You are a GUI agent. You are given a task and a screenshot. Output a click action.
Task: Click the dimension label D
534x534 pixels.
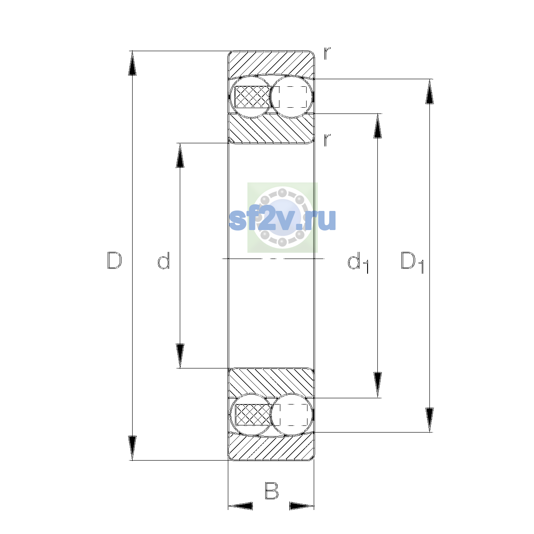(x=114, y=260)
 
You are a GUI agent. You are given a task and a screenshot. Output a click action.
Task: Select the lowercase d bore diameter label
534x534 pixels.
(x=163, y=260)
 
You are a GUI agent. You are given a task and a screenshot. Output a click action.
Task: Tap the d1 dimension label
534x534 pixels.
(x=358, y=262)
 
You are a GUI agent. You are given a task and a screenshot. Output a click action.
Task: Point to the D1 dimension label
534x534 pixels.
(x=412, y=262)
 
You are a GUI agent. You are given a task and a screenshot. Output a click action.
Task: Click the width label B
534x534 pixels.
(x=271, y=490)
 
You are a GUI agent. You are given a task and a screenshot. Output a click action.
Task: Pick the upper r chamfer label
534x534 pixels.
(x=327, y=53)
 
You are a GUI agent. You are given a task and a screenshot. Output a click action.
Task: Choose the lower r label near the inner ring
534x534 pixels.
(x=327, y=140)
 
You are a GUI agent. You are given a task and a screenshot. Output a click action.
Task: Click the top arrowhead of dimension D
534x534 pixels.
(x=132, y=63)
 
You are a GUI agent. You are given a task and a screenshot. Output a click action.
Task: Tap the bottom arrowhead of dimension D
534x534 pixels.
(x=132, y=448)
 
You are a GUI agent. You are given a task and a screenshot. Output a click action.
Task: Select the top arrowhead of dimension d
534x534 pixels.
(x=180, y=155)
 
